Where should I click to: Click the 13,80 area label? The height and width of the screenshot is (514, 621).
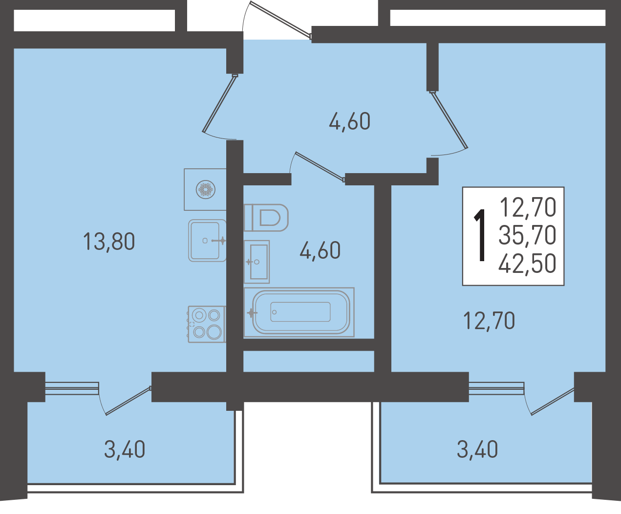pyautogui.click(x=109, y=241)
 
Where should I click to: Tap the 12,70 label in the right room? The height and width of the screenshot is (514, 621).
pyautogui.click(x=489, y=321)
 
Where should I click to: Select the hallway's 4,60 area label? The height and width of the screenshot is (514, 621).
pyautogui.click(x=349, y=121)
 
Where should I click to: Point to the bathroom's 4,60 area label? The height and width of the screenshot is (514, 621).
pyautogui.click(x=320, y=250)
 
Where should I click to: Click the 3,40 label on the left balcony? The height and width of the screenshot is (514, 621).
pyautogui.click(x=125, y=449)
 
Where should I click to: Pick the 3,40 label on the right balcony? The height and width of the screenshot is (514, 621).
pyautogui.click(x=477, y=449)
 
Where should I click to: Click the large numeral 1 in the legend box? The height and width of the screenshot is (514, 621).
pyautogui.click(x=479, y=235)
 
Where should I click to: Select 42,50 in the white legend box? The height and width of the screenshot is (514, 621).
pyautogui.click(x=527, y=264)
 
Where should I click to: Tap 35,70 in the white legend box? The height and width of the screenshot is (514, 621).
pyautogui.click(x=527, y=235)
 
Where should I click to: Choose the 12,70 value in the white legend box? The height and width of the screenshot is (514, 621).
pyautogui.click(x=528, y=207)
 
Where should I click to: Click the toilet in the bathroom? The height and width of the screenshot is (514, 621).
pyautogui.click(x=266, y=218)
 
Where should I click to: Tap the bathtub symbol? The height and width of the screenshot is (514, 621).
pyautogui.click(x=299, y=312)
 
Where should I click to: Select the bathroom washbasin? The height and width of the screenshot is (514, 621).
pyautogui.click(x=257, y=262)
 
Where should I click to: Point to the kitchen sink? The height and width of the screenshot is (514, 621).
pyautogui.click(x=207, y=241)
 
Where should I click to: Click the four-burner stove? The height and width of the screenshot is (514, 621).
pyautogui.click(x=207, y=324)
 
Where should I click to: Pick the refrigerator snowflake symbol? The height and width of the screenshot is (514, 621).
pyautogui.click(x=206, y=189)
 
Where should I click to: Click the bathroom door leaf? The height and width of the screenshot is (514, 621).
pyautogui.click(x=320, y=166)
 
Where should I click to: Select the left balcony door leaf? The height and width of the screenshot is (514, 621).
pyautogui.click(x=128, y=401)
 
